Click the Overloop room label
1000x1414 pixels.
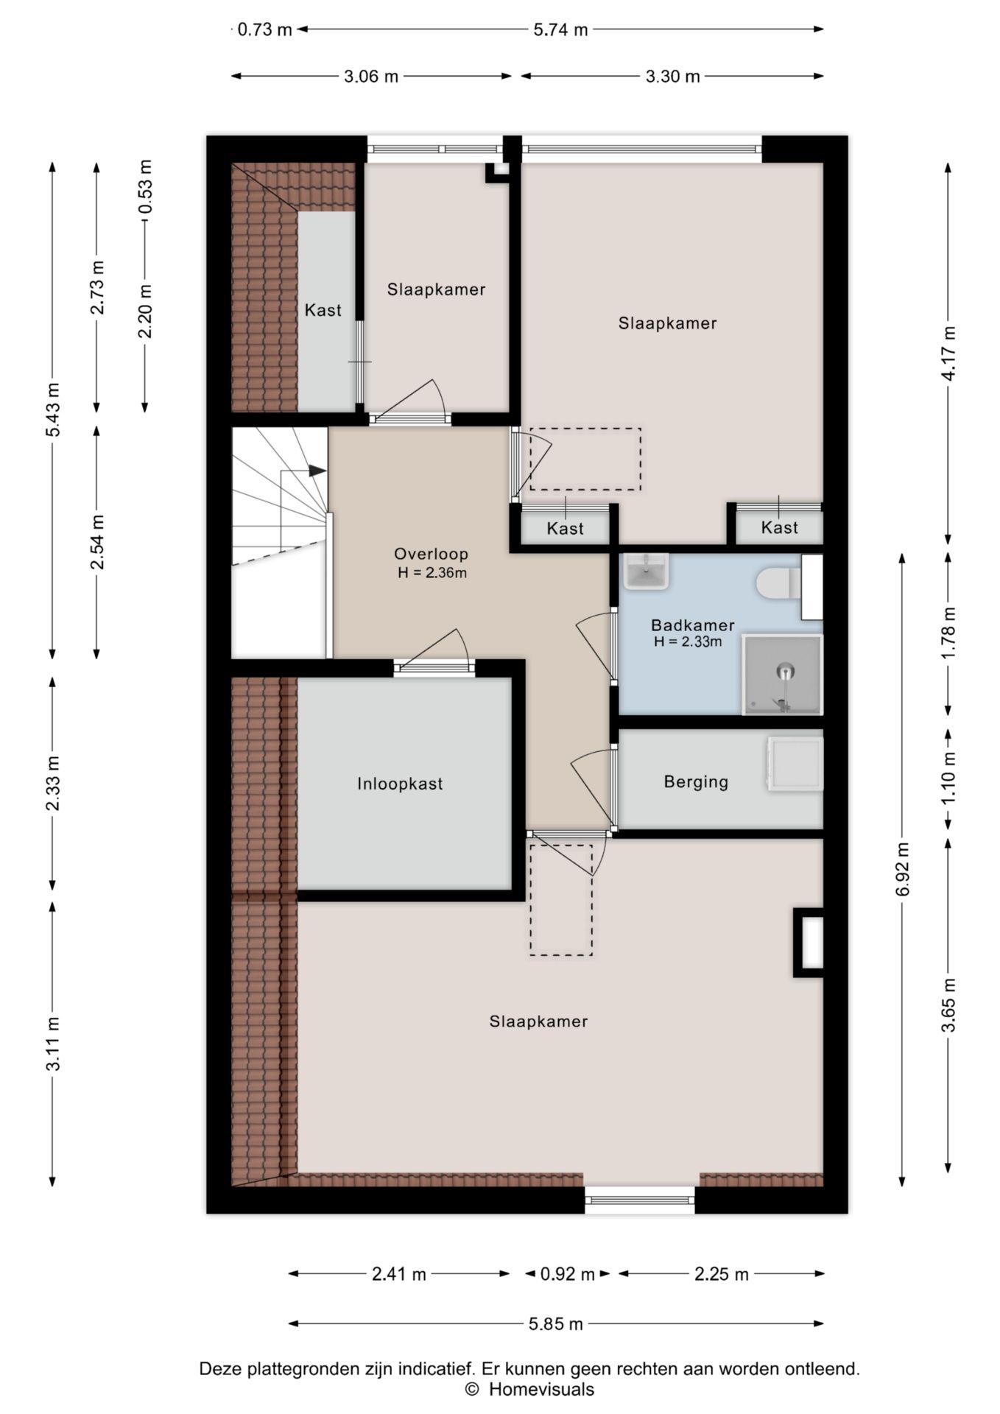[x=431, y=554]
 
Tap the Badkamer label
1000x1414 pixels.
[x=693, y=625]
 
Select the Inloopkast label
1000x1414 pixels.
[x=401, y=784]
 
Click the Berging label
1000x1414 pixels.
[x=696, y=781]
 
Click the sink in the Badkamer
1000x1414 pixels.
[x=647, y=571]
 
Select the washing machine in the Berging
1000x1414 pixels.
[x=795, y=764]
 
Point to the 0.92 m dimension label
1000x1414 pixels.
[x=567, y=1273]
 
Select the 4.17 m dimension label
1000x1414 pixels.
[x=949, y=353]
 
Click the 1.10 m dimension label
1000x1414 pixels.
[x=949, y=777]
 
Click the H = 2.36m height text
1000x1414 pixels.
[x=432, y=573]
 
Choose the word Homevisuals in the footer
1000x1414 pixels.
[x=541, y=1389]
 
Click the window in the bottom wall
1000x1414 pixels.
[x=640, y=1201]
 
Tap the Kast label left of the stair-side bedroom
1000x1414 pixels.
[x=323, y=310]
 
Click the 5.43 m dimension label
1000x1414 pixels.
[x=53, y=409]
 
